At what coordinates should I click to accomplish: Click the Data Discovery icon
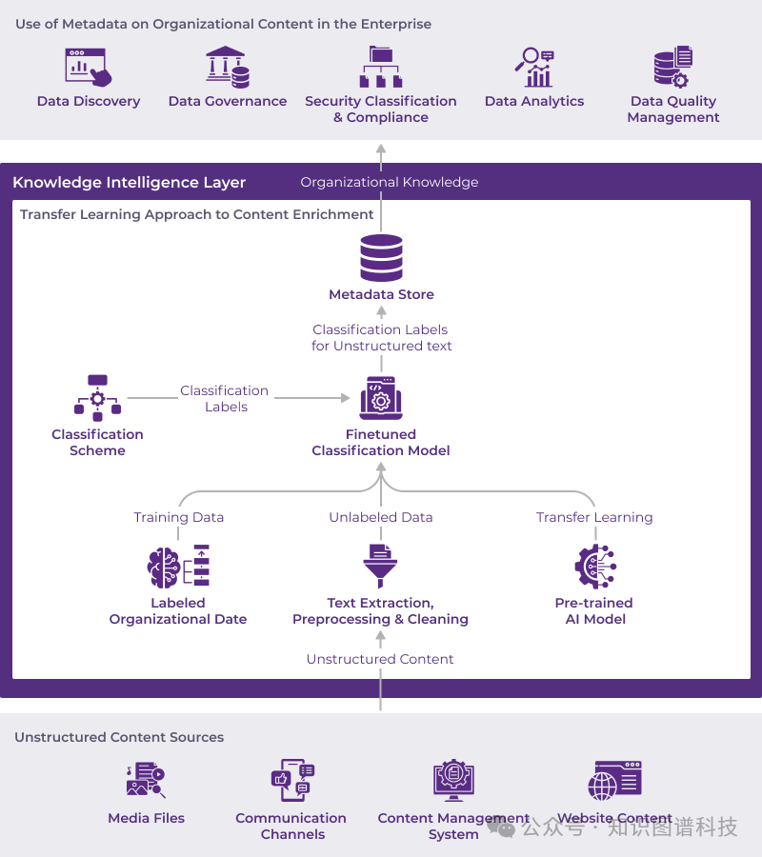coord(88,67)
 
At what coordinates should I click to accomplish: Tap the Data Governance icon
coord(228,67)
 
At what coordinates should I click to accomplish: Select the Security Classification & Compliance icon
coord(380,67)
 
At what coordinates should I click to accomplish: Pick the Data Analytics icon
coord(534,67)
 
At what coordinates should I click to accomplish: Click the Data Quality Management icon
coord(672,67)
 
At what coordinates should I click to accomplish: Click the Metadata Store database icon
coord(381,258)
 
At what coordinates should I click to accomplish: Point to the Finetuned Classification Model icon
coord(381,398)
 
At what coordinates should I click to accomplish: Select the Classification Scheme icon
coord(97,398)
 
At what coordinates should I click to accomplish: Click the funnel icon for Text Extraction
coord(380,566)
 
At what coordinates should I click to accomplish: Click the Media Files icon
coord(146,781)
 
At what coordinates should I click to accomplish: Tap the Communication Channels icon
coord(292,781)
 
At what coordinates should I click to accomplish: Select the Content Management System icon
coord(453,781)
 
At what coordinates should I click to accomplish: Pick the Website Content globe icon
coord(614,781)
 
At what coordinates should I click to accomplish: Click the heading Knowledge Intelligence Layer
coord(130,183)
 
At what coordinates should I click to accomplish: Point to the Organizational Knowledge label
coord(390,182)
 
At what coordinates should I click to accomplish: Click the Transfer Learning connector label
coord(594,517)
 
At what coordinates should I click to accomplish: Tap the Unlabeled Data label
coord(381,517)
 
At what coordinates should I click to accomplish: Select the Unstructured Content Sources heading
coord(119,737)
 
